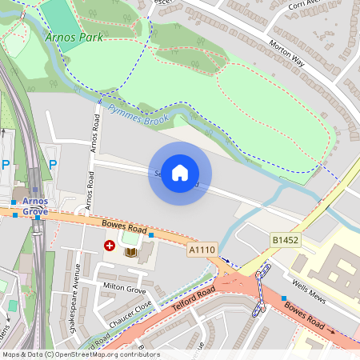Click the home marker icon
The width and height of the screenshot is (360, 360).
point(180,173)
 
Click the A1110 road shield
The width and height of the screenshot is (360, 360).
point(202,250)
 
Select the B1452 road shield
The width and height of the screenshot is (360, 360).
point(285,240)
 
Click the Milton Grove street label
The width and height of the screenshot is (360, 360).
point(124,286)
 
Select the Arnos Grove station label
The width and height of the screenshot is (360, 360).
point(35,206)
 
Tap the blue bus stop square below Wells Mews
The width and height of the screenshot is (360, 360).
point(283,298)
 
